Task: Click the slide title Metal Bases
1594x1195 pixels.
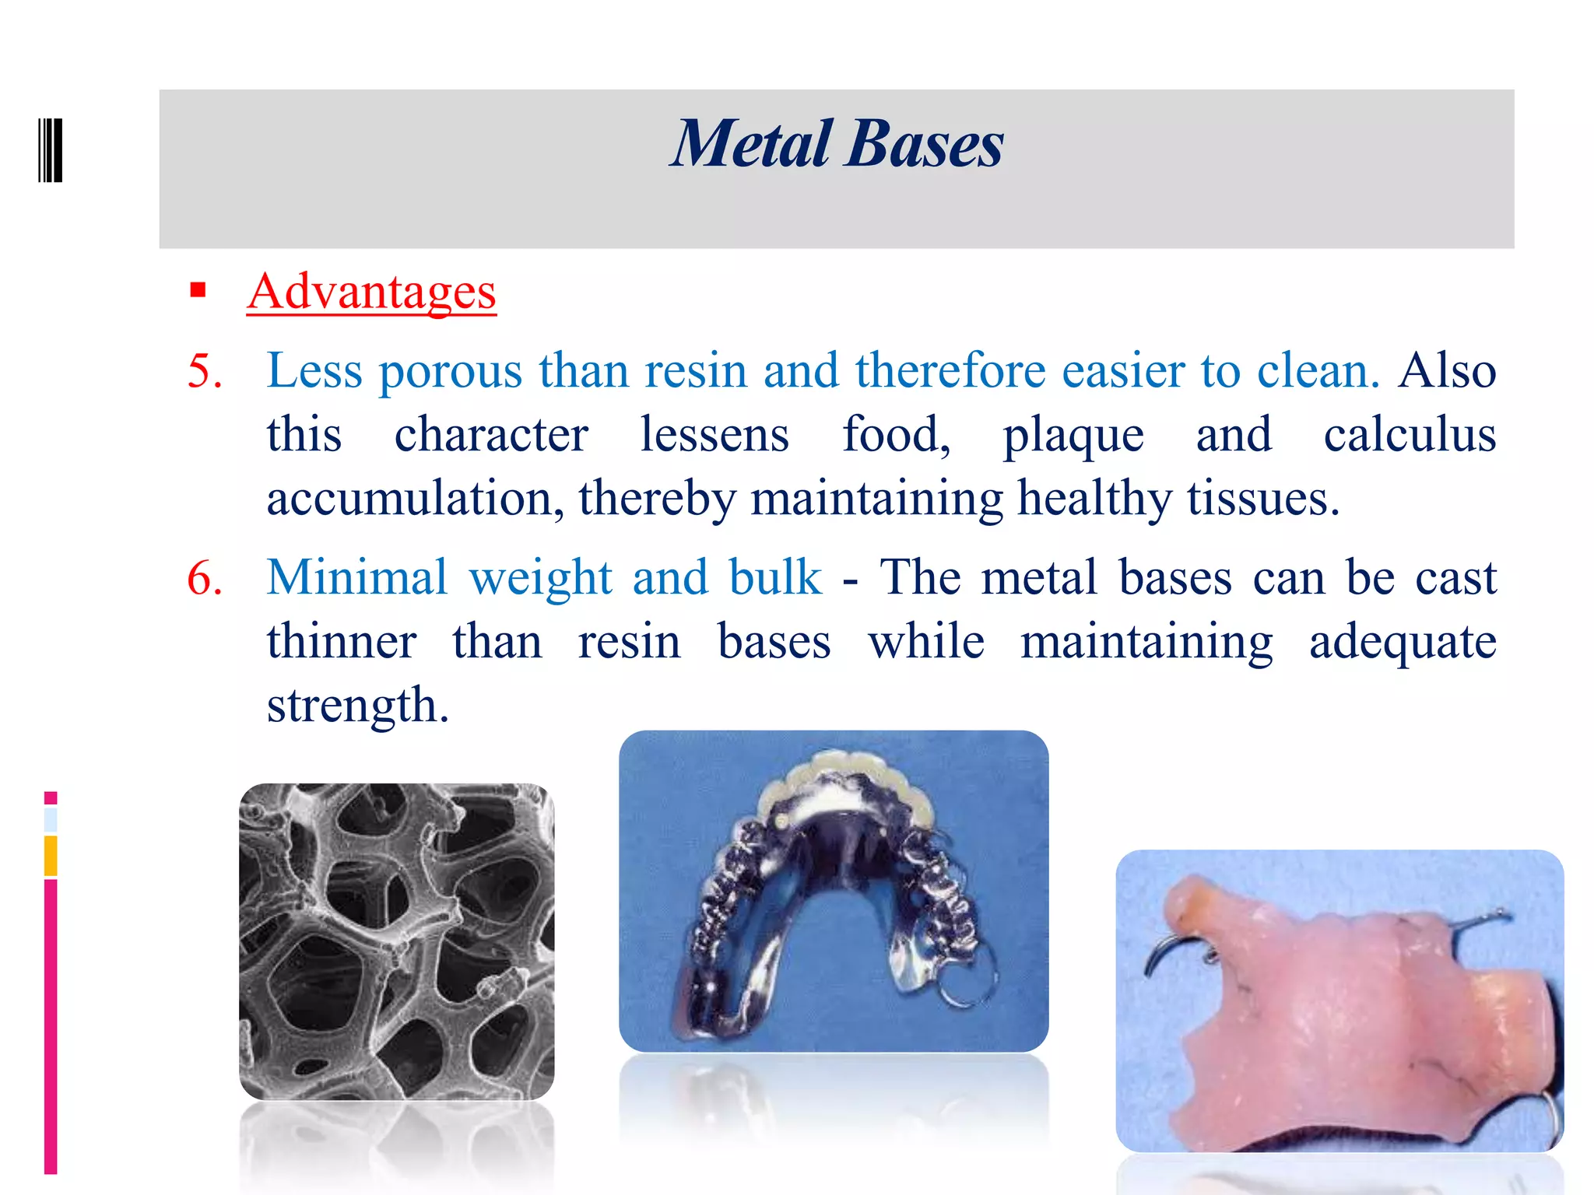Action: click(837, 145)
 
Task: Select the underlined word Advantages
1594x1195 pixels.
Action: click(371, 292)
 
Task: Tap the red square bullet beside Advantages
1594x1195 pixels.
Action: click(198, 290)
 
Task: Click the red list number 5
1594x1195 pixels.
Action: click(205, 370)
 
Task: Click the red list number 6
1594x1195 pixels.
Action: click(205, 578)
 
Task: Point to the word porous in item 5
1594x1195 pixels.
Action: click(450, 370)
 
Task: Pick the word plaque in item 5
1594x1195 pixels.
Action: click(1073, 436)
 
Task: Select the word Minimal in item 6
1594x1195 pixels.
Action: click(357, 577)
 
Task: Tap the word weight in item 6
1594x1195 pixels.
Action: click(541, 579)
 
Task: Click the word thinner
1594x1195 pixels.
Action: click(341, 642)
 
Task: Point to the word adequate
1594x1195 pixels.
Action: click(1403, 643)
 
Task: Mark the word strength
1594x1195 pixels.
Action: click(357, 706)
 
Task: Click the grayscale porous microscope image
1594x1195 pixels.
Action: click(396, 941)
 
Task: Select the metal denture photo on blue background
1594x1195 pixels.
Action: click(833, 890)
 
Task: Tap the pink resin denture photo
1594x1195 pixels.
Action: click(1339, 1000)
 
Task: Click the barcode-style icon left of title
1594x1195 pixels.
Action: click(50, 149)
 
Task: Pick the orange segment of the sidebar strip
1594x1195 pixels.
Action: click(51, 855)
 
